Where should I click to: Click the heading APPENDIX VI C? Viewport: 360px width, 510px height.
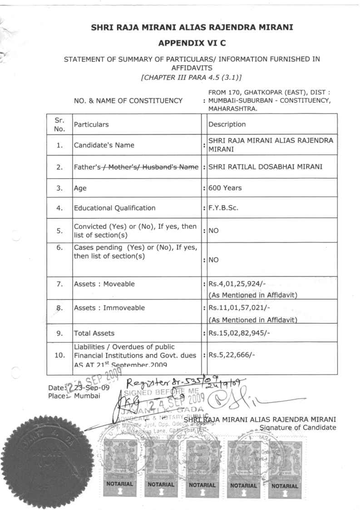(x=191, y=44)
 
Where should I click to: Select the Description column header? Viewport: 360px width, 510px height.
(x=227, y=124)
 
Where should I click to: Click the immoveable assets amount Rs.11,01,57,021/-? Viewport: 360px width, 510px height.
(x=238, y=308)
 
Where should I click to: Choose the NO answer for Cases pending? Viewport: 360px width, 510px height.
(x=214, y=261)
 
